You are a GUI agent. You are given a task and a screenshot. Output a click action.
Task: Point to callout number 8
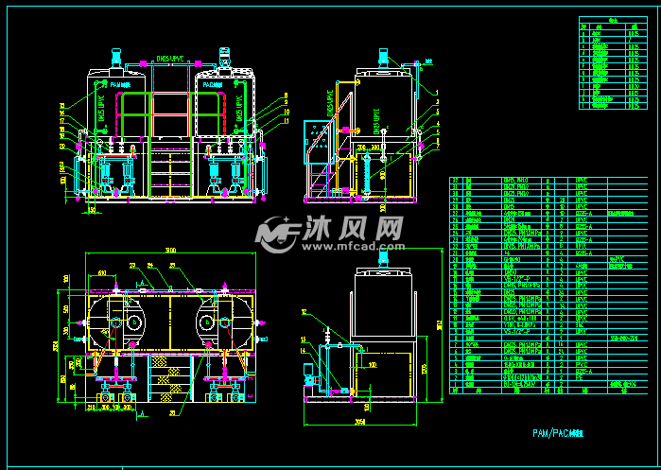coord(284,96)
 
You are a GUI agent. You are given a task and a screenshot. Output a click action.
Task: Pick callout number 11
coord(284,120)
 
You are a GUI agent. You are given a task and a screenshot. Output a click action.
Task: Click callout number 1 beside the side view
coord(438,92)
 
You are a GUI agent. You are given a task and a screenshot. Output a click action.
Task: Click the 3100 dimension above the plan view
coord(169,250)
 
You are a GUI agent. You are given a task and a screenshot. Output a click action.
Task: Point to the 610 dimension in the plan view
coord(102,273)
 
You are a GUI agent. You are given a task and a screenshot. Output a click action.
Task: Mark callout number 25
coord(171,265)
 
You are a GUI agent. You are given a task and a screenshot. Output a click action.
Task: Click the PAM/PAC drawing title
coord(558,432)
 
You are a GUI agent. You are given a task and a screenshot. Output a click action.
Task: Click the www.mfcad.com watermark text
coord(355,246)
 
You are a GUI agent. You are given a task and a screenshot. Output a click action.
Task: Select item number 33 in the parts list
coord(455,180)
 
